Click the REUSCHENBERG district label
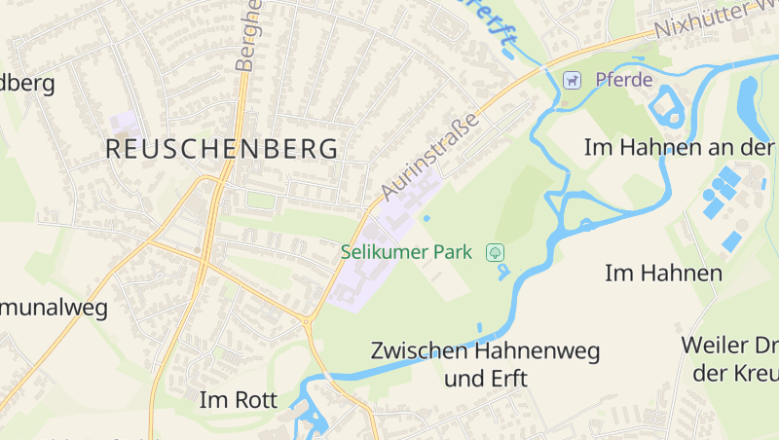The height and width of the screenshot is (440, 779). pyautogui.click(x=222, y=149)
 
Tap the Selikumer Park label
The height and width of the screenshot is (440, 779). pyautogui.click(x=406, y=252)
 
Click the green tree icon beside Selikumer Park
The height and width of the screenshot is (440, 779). pyautogui.click(x=496, y=252)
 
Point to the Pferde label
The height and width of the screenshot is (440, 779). pyautogui.click(x=623, y=80)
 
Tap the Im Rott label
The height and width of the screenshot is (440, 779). pyautogui.click(x=239, y=399)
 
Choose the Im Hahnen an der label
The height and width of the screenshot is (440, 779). pyautogui.click(x=680, y=147)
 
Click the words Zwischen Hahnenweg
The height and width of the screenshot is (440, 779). pyautogui.click(x=485, y=350)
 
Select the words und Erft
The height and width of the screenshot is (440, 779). pyautogui.click(x=485, y=378)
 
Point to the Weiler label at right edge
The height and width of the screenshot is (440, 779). pyautogui.click(x=728, y=345)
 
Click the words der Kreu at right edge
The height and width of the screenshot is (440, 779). pyautogui.click(x=734, y=373)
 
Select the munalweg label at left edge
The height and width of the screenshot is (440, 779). pyautogui.click(x=54, y=309)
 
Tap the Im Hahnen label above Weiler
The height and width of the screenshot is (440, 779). pyautogui.click(x=663, y=273)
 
